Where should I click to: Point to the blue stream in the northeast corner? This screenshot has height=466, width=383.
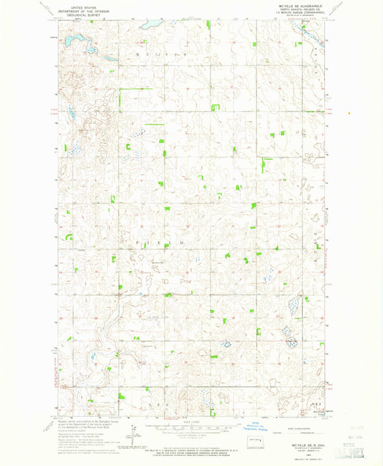(x=313, y=42)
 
